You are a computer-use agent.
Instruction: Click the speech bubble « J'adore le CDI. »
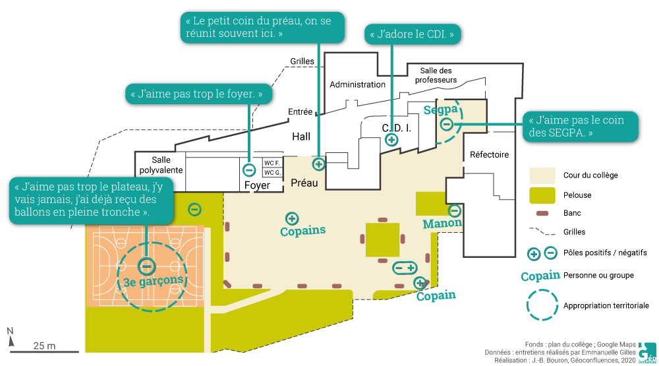pyautogui.click(x=412, y=34)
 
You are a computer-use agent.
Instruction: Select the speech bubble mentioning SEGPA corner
pyautogui.click(x=581, y=126)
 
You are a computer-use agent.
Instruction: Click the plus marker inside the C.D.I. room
pyautogui.click(x=391, y=139)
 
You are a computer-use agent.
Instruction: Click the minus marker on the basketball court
pyautogui.click(x=146, y=266)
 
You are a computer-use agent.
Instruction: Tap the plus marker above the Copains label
pyautogui.click(x=292, y=218)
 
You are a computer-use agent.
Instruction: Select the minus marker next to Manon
pyautogui.click(x=454, y=211)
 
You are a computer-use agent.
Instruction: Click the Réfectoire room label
pyautogui.click(x=489, y=155)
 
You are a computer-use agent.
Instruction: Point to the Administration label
pyautogui.click(x=357, y=84)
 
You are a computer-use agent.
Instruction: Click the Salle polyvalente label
pyautogui.click(x=161, y=165)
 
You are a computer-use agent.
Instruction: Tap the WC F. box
pyautogui.click(x=272, y=162)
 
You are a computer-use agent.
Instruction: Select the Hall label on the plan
pyautogui.click(x=301, y=137)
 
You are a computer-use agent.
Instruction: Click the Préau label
pyautogui.click(x=304, y=184)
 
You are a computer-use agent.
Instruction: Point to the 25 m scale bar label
pyautogui.click(x=44, y=346)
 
